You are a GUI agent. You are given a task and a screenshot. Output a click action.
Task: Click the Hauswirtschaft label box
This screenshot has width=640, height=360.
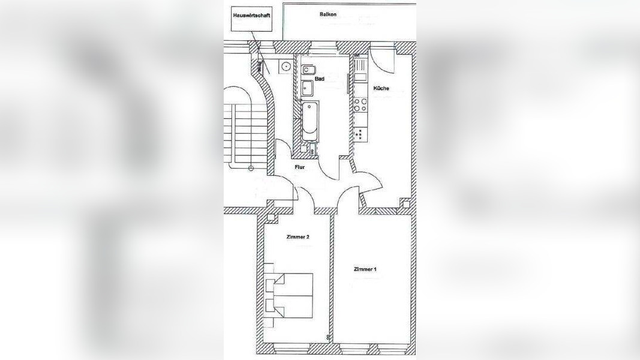(x=251, y=19)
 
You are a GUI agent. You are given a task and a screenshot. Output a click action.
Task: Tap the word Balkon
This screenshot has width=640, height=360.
(x=328, y=14)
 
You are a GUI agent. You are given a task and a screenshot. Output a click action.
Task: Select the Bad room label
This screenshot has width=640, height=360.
(x=320, y=79)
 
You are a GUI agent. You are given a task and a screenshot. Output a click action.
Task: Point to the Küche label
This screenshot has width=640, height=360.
(x=381, y=88)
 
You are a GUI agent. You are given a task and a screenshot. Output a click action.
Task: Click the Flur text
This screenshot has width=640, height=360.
(x=299, y=167)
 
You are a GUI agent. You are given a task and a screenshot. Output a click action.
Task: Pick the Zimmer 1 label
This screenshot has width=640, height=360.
(x=365, y=269)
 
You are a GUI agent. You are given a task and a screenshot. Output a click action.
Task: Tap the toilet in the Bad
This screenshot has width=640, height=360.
(x=306, y=70)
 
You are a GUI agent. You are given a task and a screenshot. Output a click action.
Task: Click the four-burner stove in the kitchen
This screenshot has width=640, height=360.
(x=360, y=104)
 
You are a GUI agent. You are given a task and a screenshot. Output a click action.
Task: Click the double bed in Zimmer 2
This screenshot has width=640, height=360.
(x=289, y=296)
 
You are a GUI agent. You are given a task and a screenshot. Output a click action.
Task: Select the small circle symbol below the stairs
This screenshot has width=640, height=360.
(x=251, y=168)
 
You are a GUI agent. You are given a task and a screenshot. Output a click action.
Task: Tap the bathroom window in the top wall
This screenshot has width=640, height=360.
(x=323, y=46)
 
